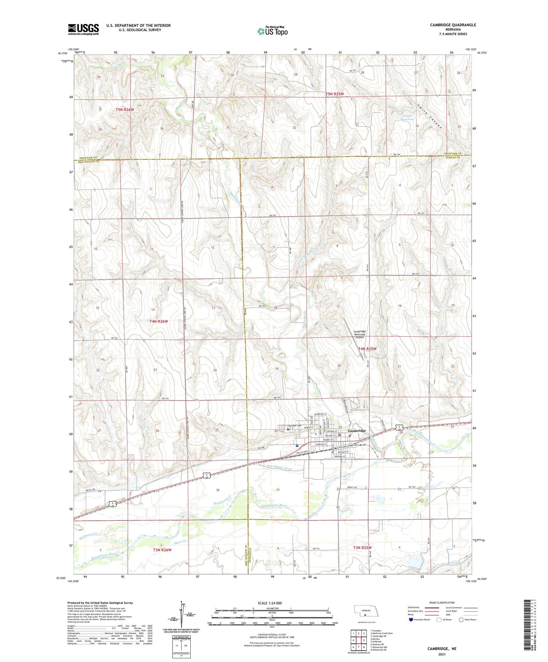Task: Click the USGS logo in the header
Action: [83, 29]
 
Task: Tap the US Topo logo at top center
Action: [272, 31]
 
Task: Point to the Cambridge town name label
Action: [357, 431]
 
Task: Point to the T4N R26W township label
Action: [159, 321]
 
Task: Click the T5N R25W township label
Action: [335, 94]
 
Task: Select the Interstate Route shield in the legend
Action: [411, 620]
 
